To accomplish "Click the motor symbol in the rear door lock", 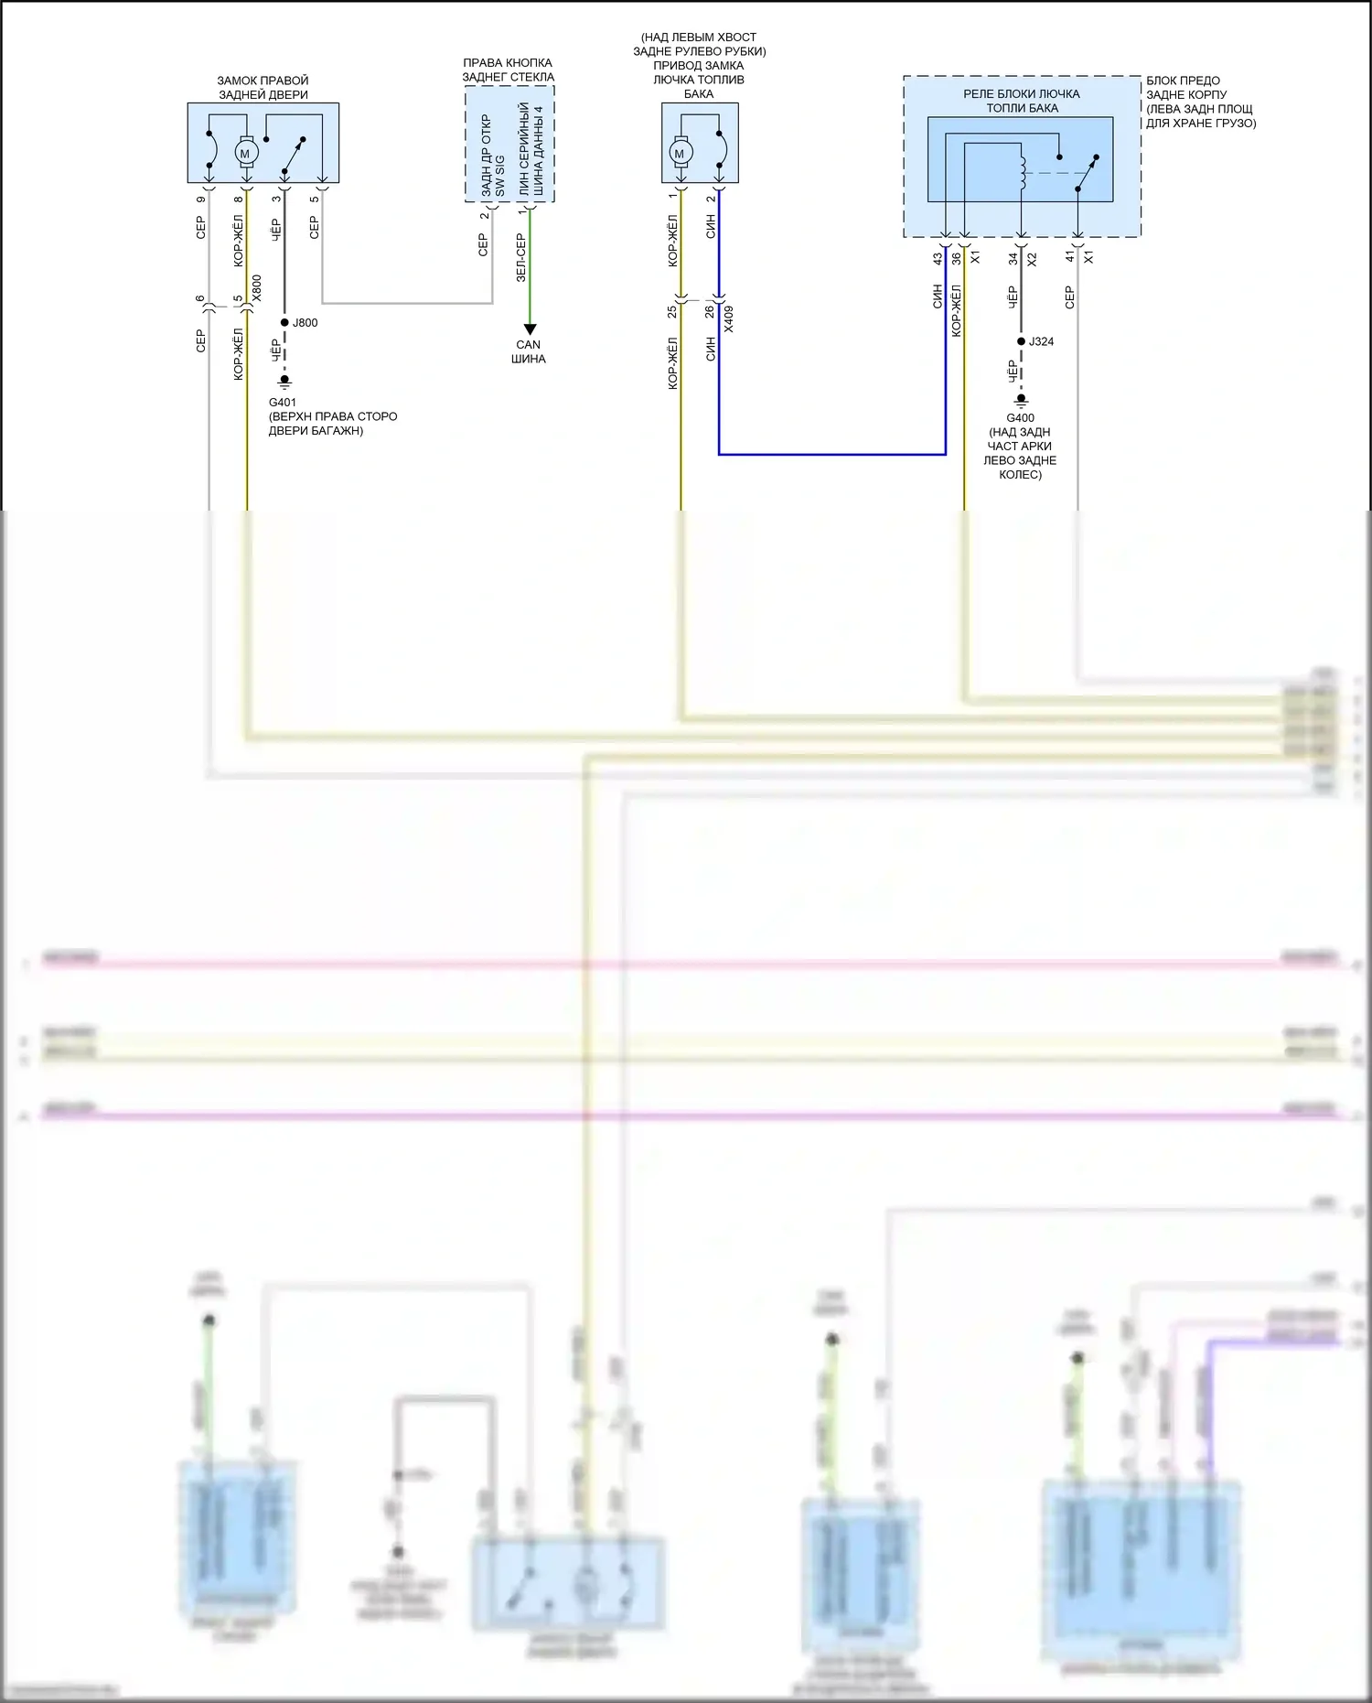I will pos(244,153).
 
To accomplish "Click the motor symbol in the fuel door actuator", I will pos(680,154).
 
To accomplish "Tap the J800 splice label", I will pos(305,323).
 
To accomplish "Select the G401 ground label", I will pos(283,403).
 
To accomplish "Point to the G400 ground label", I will pos(1020,418).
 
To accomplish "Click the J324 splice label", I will pos(1041,342).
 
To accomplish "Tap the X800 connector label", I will pos(257,288).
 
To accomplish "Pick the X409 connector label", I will pos(729,318).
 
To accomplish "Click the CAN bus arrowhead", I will pos(530,329).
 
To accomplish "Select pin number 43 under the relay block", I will pos(938,259).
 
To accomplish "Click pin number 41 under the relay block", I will pos(1070,258).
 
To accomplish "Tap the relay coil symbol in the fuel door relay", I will pos(1022,173).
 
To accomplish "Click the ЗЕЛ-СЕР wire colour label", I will pos(520,257).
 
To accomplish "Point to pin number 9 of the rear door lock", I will pos(201,199).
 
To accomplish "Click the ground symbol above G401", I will pos(284,381).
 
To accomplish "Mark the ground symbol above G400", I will pos(1022,401).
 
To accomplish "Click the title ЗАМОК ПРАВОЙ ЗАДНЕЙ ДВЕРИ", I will pos(263,88).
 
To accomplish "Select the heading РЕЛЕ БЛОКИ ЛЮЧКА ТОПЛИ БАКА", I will pos(1022,101).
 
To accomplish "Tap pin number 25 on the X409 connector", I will pos(672,312).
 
